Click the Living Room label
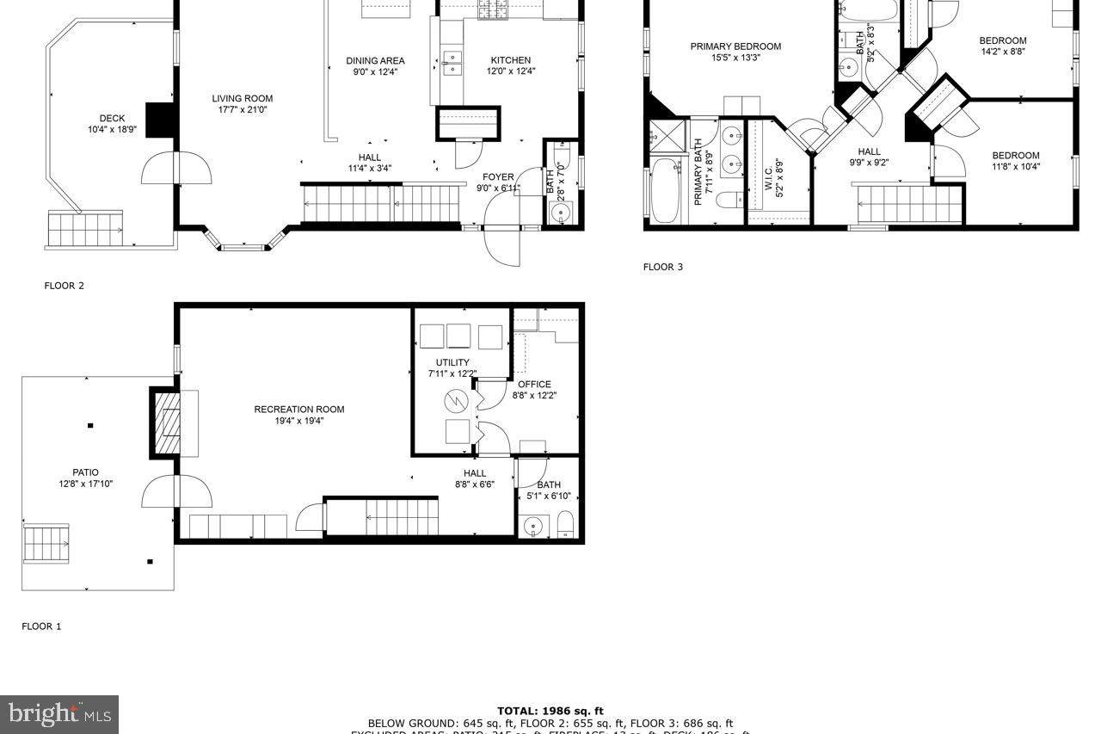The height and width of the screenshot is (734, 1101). point(242,99)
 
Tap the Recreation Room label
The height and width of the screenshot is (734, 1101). point(298,410)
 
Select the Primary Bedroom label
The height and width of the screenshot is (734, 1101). point(735,46)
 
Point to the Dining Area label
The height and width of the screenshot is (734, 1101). point(375,61)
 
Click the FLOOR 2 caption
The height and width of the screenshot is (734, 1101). point(65,286)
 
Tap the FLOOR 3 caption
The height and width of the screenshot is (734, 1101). point(663,267)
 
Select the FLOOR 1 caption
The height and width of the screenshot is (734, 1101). point(41,626)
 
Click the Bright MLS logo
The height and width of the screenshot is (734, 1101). point(59,713)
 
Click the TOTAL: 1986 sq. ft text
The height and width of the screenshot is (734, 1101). point(550,712)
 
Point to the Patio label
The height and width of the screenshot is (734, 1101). point(85,472)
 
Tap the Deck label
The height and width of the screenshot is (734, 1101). point(112,119)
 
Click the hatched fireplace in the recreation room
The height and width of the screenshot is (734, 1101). point(165,423)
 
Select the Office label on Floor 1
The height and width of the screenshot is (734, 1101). point(534,385)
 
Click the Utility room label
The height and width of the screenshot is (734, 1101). point(452,362)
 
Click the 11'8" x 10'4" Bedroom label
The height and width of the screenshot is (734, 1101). point(1016,156)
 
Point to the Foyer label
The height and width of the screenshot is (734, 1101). point(498,177)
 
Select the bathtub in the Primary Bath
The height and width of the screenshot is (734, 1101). point(665,190)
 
